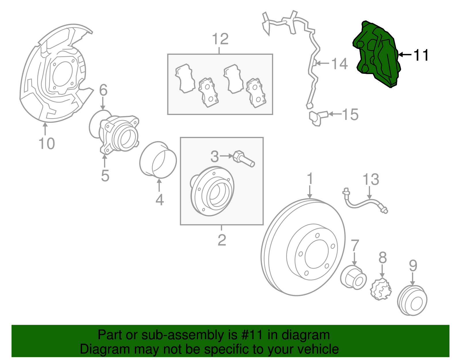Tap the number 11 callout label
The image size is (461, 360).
(421, 55)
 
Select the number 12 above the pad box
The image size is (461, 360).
(220, 39)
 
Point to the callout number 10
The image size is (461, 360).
(46, 143)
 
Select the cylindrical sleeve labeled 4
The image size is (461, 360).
(158, 160)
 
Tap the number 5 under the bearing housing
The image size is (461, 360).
(105, 176)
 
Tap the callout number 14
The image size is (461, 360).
(339, 64)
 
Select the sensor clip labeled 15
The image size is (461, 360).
(317, 117)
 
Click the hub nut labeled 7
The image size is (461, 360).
(353, 277)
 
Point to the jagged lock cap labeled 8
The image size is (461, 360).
(381, 289)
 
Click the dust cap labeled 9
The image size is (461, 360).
(412, 301)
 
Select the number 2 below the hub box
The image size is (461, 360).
(222, 240)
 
